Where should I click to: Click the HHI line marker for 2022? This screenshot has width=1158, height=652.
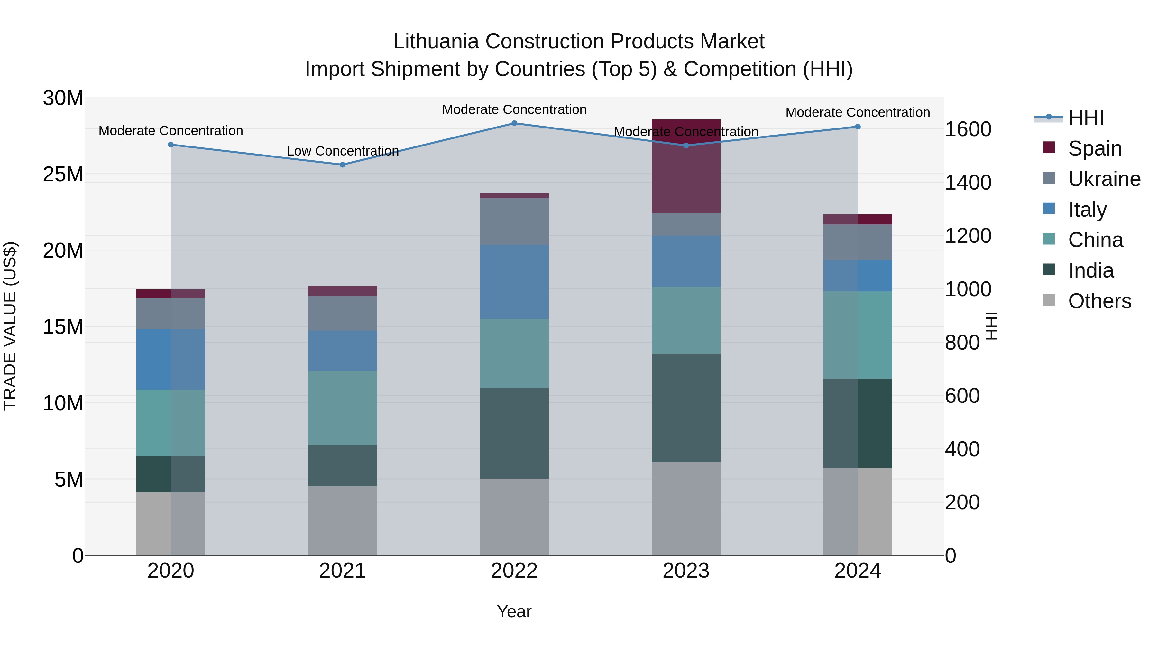click(514, 123)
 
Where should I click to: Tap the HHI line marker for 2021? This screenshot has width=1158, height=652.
click(343, 165)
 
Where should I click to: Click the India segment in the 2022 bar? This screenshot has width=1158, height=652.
click(514, 433)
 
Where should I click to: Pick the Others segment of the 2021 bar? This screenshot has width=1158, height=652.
click(343, 521)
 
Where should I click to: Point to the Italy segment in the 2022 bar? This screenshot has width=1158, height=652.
click(514, 282)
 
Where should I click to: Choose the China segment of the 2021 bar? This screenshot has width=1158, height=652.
click(343, 408)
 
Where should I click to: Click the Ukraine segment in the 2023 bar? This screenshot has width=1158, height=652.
click(686, 224)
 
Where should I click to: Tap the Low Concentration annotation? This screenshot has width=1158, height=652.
click(343, 151)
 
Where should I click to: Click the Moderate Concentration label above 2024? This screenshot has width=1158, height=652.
click(857, 112)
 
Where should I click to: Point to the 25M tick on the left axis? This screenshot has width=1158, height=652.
click(63, 175)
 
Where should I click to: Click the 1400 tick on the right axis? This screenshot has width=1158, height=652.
click(968, 183)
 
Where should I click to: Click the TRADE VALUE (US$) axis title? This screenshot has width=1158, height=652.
click(10, 326)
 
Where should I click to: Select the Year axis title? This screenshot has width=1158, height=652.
click(514, 612)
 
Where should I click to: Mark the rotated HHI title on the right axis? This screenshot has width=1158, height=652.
click(990, 326)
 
